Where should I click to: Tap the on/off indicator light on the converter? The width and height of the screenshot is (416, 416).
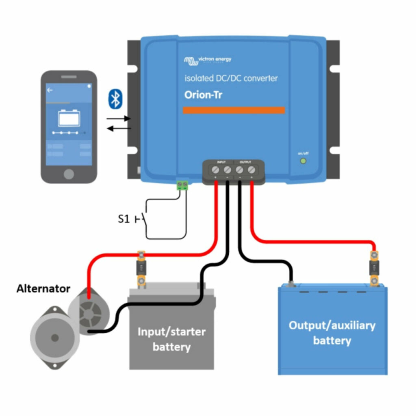point(303,161)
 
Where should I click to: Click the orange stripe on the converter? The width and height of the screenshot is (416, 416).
point(234,110)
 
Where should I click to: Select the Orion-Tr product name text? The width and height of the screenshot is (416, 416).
point(203,95)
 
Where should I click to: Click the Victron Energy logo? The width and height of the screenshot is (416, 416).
point(208,60)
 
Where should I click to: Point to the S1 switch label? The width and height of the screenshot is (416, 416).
point(124,219)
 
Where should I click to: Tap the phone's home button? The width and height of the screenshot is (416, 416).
point(69,174)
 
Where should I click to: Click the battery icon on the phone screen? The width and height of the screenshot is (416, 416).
point(69,118)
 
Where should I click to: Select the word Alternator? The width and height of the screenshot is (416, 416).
point(43,289)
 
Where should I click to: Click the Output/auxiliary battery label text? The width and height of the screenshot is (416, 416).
point(332,333)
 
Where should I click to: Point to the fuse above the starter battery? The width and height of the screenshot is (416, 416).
point(141,268)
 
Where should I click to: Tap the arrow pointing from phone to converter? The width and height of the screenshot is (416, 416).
point(119,119)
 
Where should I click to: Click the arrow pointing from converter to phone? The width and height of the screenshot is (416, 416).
point(119,128)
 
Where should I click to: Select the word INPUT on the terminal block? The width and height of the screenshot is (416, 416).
point(221,162)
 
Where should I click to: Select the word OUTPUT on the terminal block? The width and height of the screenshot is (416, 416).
point(245,162)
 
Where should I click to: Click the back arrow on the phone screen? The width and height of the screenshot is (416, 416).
point(50,90)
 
